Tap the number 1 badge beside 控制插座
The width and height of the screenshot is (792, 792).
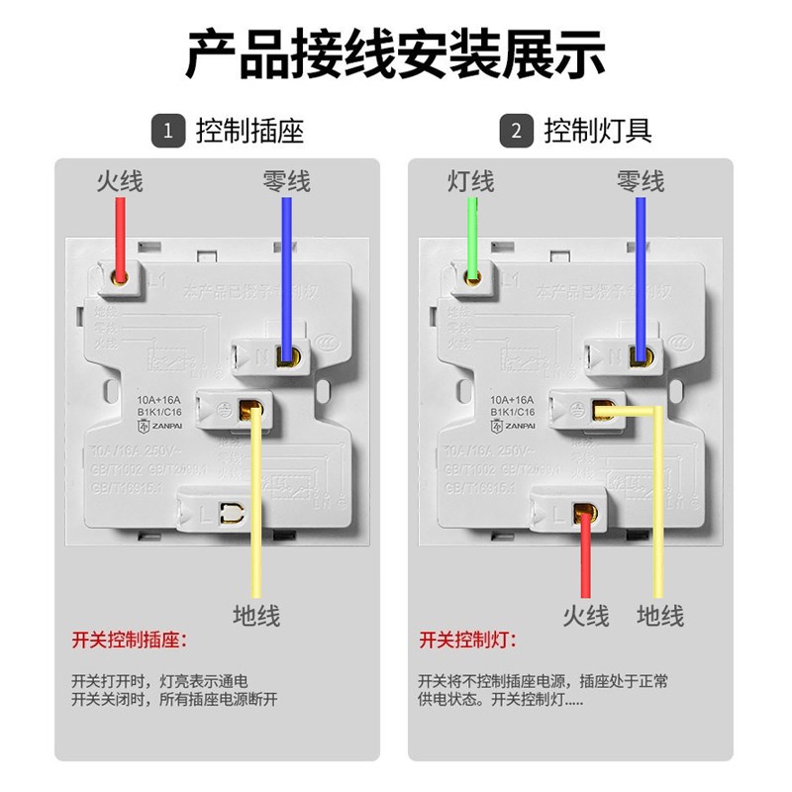coord(168,130)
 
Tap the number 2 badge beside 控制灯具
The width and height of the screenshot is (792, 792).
coord(516,130)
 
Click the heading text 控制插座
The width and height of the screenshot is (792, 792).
coord(249,130)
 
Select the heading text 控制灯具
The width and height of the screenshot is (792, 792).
coord(598,130)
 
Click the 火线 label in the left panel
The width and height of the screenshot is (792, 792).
coord(120,181)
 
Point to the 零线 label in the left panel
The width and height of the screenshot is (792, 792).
coord(286,181)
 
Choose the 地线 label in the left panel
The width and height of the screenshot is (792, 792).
coord(256,615)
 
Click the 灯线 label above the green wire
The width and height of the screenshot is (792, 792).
coord(470,181)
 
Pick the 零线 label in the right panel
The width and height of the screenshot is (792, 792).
coord(641,181)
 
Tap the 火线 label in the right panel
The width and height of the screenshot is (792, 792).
coord(585,615)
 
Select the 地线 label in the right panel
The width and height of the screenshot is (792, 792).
coord(660,615)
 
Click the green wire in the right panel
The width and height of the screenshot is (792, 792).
coord(473,233)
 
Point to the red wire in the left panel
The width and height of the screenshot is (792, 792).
coord(121,233)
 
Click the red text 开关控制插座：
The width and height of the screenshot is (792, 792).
coord(129,640)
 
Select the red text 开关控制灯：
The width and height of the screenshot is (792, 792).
coord(467,640)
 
